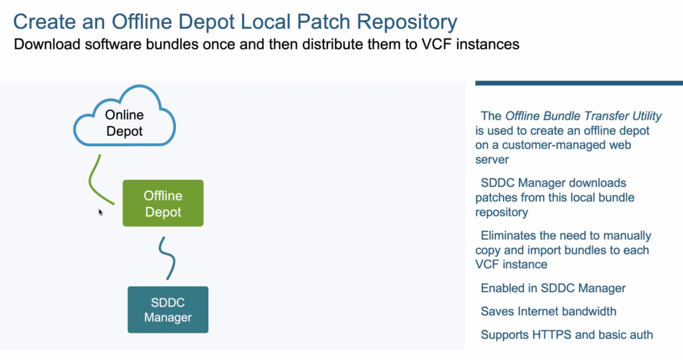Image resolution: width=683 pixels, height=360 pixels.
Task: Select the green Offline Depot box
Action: pos(163,203)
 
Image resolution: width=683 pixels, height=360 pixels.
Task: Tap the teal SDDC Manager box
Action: pos(167,309)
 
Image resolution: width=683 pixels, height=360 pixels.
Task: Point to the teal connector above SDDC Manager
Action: pos(169,259)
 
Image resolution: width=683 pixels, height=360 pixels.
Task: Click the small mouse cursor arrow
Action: pos(101,213)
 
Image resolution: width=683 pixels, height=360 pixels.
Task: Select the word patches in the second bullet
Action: pos(494,197)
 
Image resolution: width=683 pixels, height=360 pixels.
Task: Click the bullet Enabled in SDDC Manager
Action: pos(553,288)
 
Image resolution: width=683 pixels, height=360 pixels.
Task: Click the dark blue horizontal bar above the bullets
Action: pos(579,83)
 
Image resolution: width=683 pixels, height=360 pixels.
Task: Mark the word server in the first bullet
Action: pos(492,160)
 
